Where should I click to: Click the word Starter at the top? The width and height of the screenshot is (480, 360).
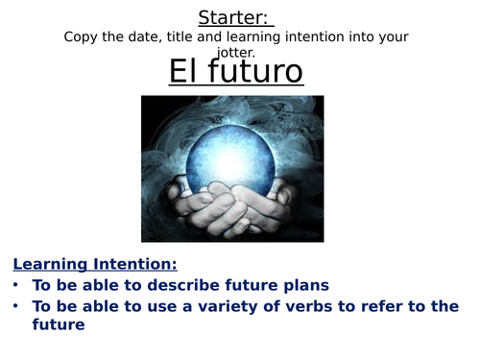point(235,16)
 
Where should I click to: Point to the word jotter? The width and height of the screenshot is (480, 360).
point(236,52)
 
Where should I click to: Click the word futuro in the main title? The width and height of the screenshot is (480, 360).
point(254,72)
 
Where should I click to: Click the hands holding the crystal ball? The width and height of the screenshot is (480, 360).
point(230,206)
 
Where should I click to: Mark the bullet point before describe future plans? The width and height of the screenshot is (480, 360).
point(18,285)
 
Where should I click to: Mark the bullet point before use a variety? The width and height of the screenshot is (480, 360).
point(18,306)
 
